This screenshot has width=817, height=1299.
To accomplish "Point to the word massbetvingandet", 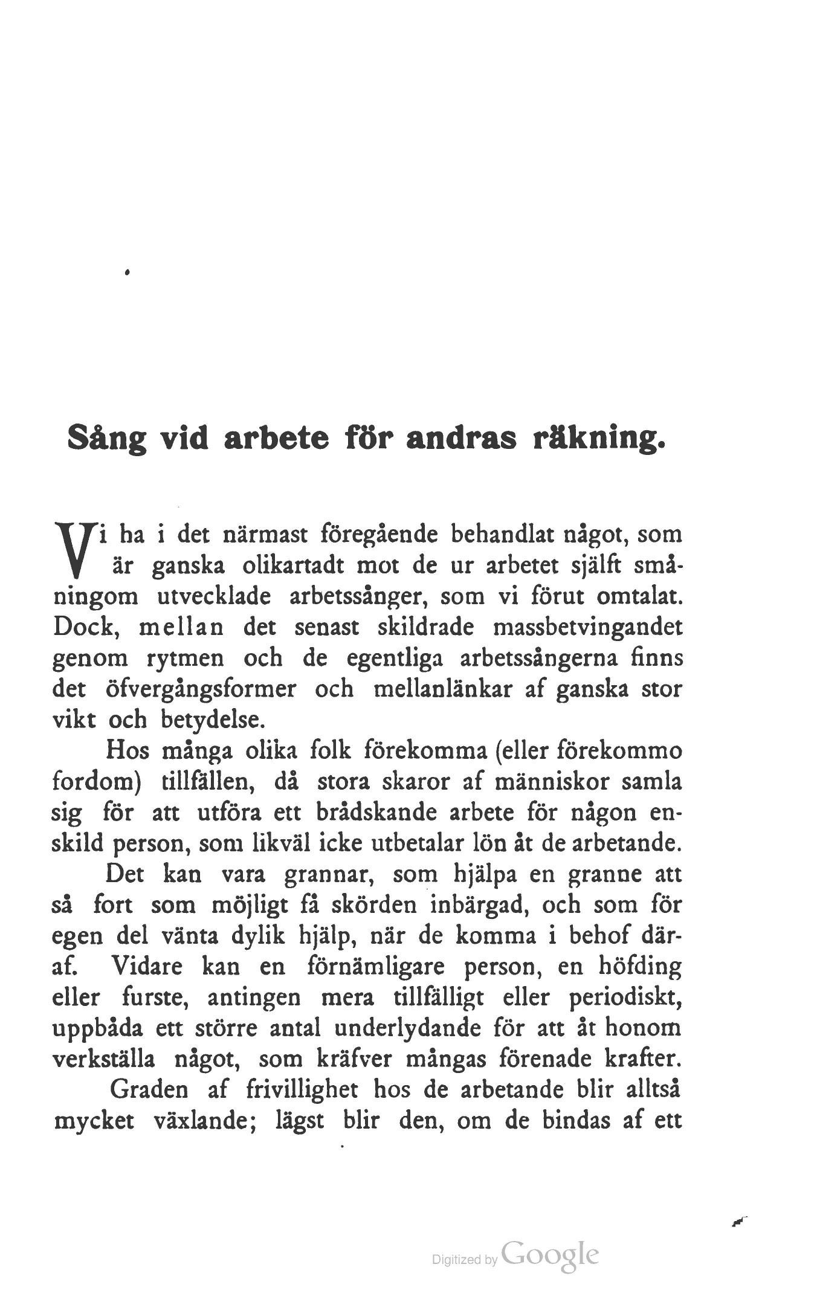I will pos(589,627).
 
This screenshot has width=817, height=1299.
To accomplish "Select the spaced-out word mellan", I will pos(181,627).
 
